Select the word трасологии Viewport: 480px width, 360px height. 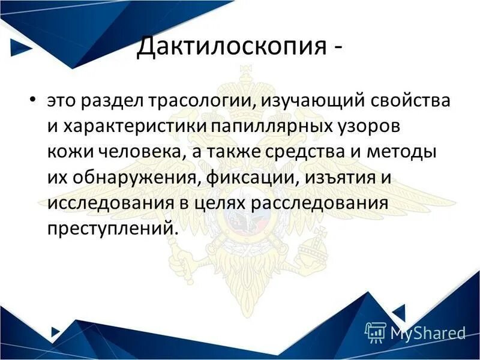[x=207, y=102]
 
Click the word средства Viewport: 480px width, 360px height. [x=313, y=154]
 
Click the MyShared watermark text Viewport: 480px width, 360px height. [x=427, y=332]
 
